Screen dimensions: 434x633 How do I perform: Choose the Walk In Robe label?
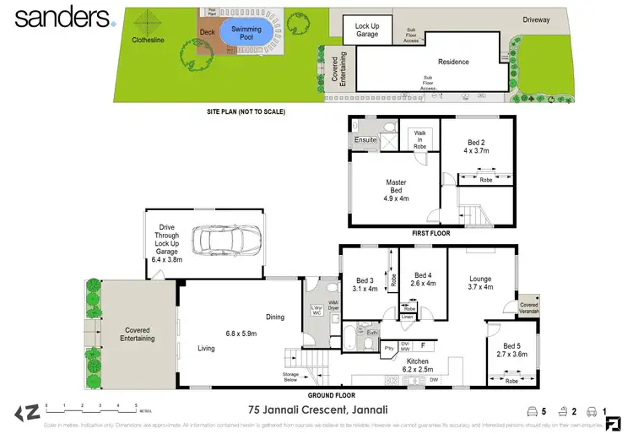point(419,139)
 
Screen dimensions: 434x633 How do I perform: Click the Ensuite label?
point(365,139)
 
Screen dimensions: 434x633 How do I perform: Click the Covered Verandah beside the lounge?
point(529,307)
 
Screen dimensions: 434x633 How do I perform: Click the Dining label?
point(274,317)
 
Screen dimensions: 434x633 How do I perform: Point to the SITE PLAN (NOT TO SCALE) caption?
point(246,111)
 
